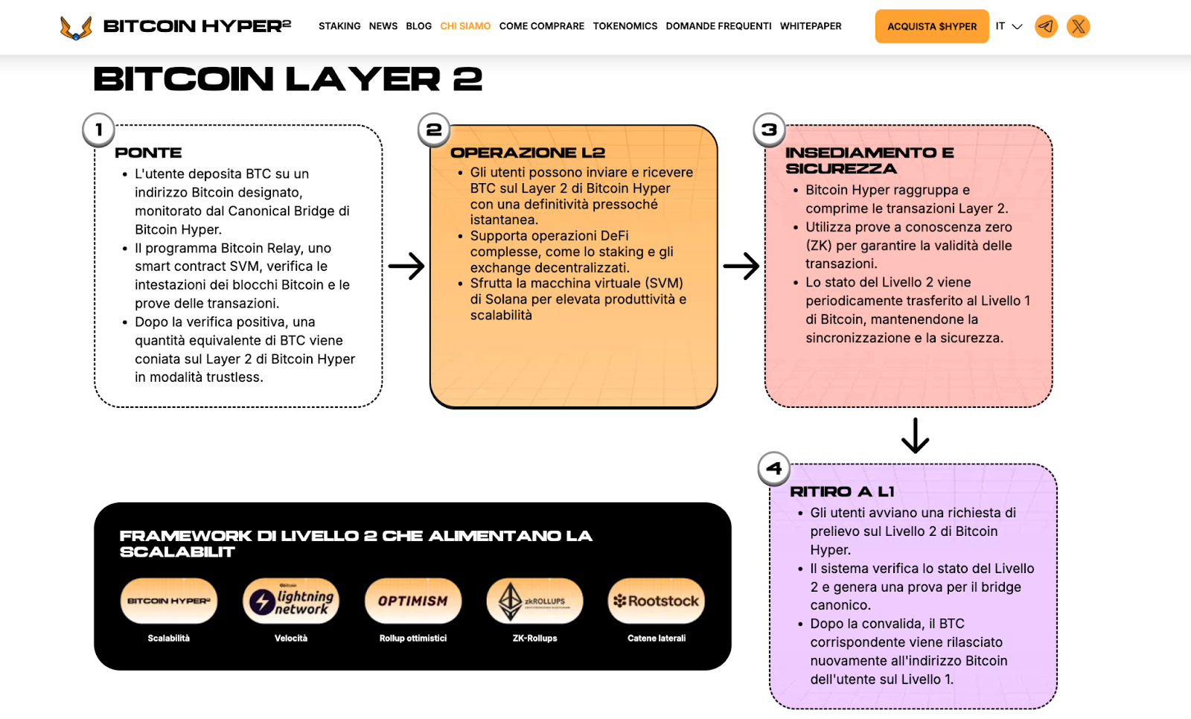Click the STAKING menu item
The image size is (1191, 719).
(339, 26)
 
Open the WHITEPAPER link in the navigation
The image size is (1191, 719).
(811, 26)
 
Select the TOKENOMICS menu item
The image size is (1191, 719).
(625, 26)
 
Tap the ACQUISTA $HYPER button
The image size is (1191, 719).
(931, 26)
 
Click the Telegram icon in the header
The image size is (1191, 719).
(1046, 27)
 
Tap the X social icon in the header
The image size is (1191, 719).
(1078, 27)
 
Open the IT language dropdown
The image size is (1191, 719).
(1009, 26)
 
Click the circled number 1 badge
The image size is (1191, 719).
(98, 130)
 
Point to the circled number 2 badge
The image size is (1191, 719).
(434, 130)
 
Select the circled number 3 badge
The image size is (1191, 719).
(769, 130)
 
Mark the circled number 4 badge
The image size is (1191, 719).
(773, 469)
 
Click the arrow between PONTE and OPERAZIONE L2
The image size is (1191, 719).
(406, 266)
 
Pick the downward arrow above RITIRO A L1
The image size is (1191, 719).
(915, 435)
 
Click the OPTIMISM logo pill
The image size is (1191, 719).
(413, 601)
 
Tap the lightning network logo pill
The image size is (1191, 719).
(291, 601)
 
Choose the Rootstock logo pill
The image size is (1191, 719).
(657, 601)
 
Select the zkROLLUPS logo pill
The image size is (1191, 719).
(534, 601)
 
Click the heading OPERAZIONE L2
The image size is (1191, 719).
(527, 153)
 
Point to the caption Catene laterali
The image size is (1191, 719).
(657, 639)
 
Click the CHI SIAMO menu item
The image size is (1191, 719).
(465, 26)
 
